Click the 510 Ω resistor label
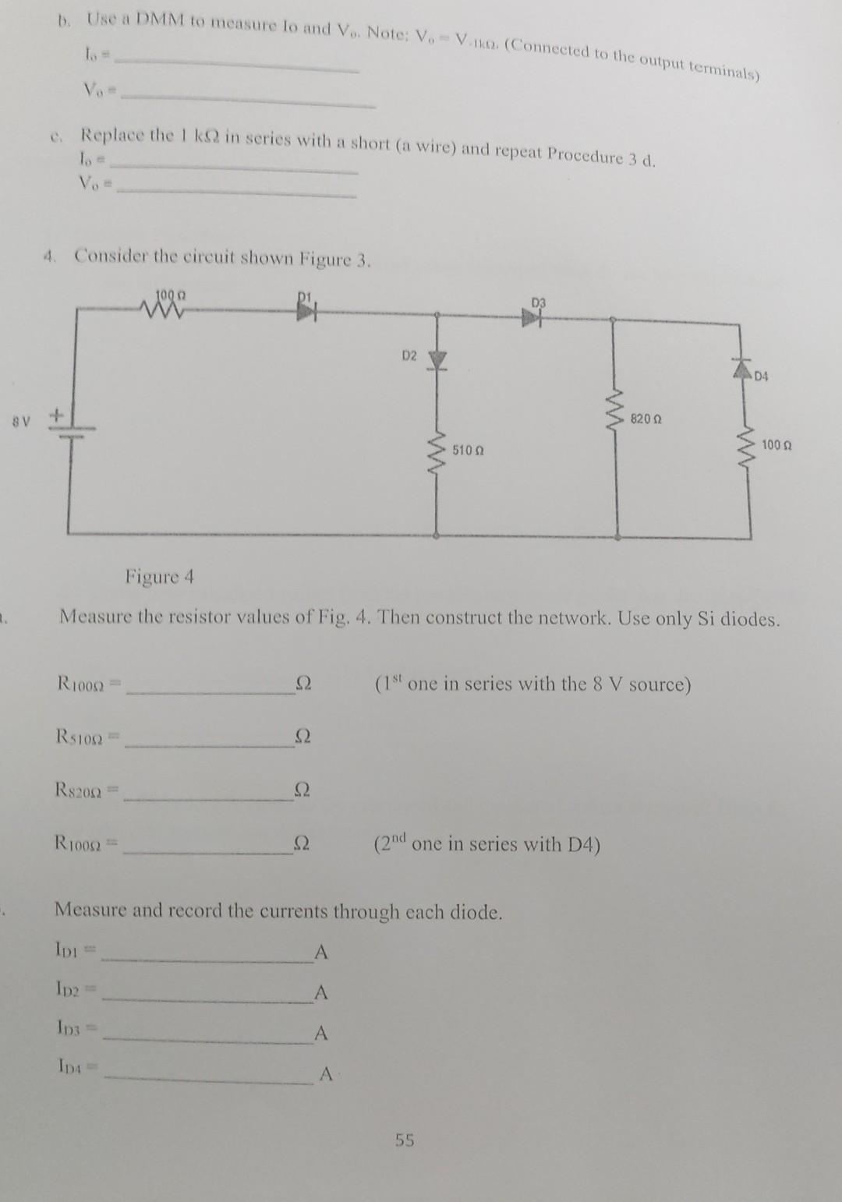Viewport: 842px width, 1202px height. click(469, 451)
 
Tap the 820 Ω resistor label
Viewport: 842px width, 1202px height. click(647, 419)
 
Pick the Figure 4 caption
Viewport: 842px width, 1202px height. click(159, 577)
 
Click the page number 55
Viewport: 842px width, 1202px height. click(405, 1140)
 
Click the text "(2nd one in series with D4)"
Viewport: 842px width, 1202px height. click(487, 844)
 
